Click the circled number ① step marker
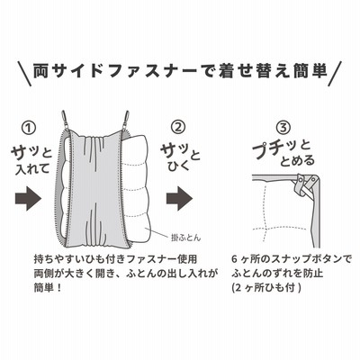30,128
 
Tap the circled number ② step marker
177,127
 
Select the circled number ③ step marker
283,128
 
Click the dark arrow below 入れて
28,198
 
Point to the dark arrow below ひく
179,198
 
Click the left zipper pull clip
65,118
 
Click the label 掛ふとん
184,238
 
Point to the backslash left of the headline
24,74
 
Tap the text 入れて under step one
32,168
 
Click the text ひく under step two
175,165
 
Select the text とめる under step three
298,161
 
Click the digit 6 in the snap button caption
234,258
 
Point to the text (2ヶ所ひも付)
266,288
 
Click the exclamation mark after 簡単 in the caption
59,288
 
